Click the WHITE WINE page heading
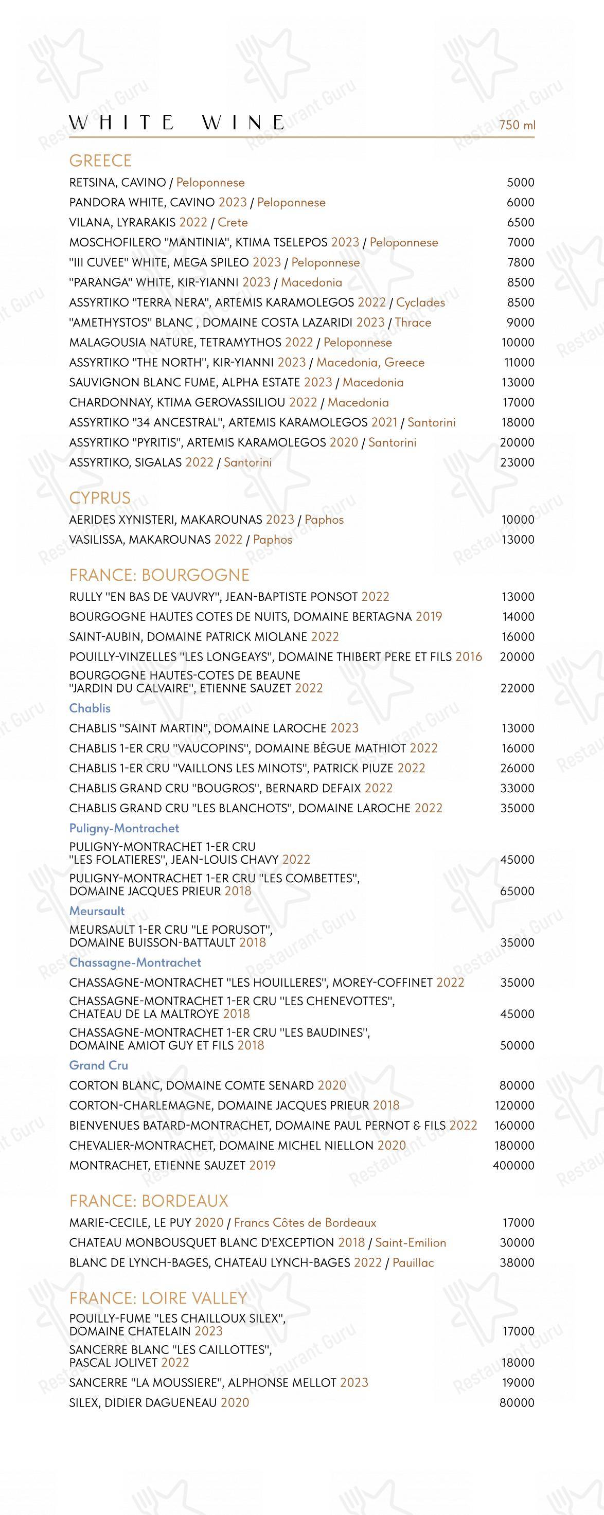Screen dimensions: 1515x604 pyautogui.click(x=177, y=122)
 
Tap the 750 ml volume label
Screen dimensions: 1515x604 pyautogui.click(x=517, y=124)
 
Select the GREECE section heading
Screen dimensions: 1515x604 pyautogui.click(x=100, y=161)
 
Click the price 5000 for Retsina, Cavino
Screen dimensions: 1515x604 pyautogui.click(x=521, y=182)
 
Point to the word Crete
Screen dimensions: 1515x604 pyautogui.click(x=233, y=222)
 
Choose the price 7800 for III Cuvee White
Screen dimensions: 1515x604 pyautogui.click(x=521, y=262)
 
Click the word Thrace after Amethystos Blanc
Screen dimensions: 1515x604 pyautogui.click(x=413, y=322)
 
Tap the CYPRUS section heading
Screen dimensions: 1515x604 pyautogui.click(x=100, y=497)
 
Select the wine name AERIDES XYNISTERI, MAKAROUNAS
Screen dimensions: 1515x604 pyautogui.click(x=165, y=519)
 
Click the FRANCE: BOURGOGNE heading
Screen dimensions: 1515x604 pyautogui.click(x=159, y=575)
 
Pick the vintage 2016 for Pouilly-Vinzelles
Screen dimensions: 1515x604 pyautogui.click(x=468, y=656)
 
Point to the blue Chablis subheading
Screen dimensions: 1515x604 pyautogui.click(x=90, y=708)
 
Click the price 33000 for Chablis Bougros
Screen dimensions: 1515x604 pyautogui.click(x=517, y=788)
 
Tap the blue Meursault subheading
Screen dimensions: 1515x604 pyautogui.click(x=97, y=911)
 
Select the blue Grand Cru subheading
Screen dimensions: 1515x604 pyautogui.click(x=98, y=1065)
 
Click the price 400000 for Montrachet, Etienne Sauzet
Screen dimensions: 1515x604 pyautogui.click(x=513, y=1165)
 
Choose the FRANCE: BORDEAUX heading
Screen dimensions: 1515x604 pyautogui.click(x=149, y=1201)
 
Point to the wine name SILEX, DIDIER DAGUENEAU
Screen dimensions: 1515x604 pyautogui.click(x=143, y=1403)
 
